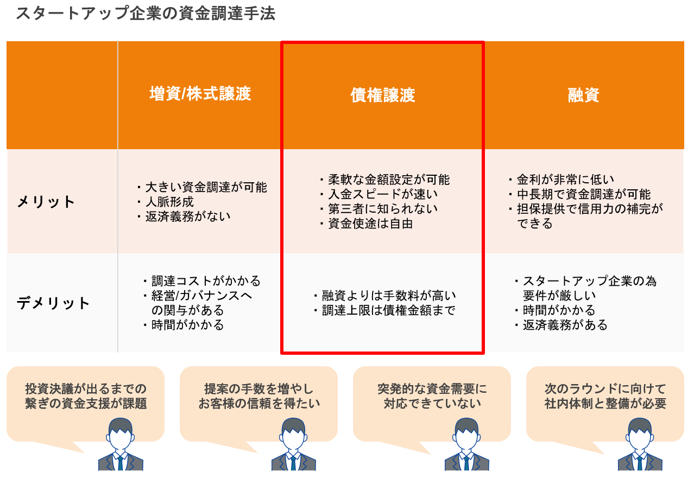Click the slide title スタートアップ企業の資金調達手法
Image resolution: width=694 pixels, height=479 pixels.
pos(146,14)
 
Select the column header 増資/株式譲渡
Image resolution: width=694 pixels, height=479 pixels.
pos(200,94)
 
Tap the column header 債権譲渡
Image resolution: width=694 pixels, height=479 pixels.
pos(382,95)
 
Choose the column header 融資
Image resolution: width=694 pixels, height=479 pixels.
pos(583,95)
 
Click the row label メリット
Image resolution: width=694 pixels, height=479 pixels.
pos(46,202)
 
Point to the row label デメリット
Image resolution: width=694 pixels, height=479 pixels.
pos(53,303)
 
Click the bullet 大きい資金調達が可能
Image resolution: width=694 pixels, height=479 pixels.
pos(205,188)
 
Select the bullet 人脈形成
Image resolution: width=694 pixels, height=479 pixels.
pos(169,202)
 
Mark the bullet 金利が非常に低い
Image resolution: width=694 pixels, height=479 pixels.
pos(565,180)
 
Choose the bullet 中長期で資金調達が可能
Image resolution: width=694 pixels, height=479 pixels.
pos(583,194)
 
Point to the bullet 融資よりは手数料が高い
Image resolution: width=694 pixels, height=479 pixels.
pos(388,296)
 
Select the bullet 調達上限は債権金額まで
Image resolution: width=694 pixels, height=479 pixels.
pos(388,310)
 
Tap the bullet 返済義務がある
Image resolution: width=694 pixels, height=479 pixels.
pos(564,325)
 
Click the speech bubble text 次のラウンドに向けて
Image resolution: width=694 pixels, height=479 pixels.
pos(605,389)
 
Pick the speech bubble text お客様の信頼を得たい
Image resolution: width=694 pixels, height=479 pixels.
pos(259,404)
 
